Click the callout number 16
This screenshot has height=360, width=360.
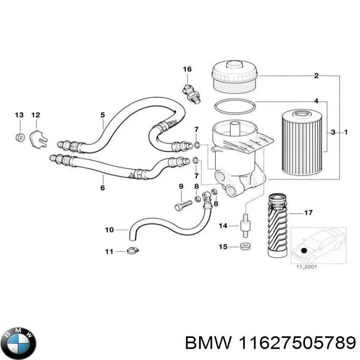(187, 69)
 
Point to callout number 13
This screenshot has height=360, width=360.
(19, 116)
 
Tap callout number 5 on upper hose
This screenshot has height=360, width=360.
(102, 115)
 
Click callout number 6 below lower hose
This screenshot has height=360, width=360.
(102, 188)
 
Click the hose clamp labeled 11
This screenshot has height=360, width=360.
(132, 252)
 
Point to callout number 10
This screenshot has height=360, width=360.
(109, 229)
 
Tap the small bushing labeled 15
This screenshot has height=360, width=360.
(245, 247)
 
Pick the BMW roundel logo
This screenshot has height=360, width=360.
(18, 337)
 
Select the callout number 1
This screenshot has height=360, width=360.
(346, 132)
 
